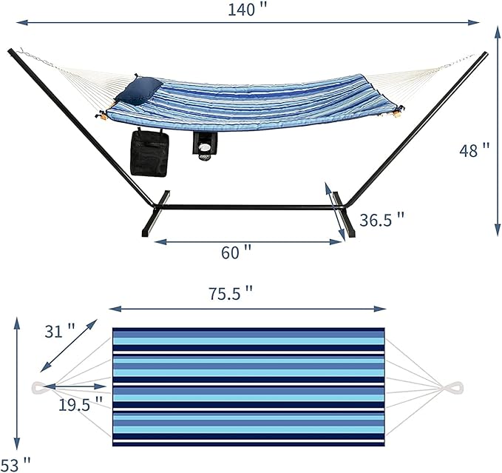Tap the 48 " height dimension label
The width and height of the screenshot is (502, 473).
coord(474,150)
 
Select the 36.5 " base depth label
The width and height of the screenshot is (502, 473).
coord(381,219)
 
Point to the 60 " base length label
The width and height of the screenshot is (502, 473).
coord(236,252)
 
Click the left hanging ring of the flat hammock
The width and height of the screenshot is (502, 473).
coord(38,386)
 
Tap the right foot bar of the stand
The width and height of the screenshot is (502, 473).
coord(343,215)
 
